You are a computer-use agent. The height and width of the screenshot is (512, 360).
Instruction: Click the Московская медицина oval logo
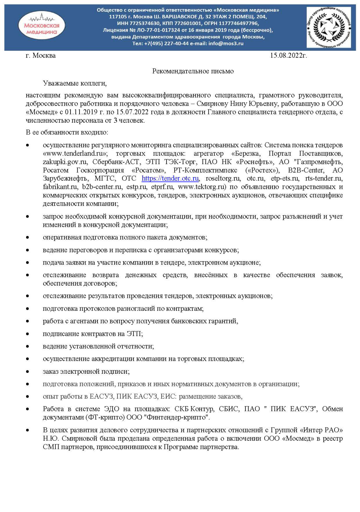[x=42, y=26]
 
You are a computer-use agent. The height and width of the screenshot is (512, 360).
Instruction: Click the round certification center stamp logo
[x=328, y=27]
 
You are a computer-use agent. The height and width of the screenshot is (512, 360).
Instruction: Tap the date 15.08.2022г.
[x=288, y=55]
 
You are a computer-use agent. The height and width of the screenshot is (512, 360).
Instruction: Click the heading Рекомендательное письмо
[x=193, y=71]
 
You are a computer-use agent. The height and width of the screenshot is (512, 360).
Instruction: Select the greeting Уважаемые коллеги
[x=74, y=83]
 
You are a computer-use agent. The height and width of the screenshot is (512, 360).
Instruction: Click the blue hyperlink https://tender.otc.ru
[x=170, y=178]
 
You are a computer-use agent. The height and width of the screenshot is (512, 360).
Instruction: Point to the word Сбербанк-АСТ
[x=116, y=162]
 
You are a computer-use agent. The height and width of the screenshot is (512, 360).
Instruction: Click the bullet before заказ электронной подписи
[x=28, y=372]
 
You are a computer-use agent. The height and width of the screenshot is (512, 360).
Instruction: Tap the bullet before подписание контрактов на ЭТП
[x=28, y=334]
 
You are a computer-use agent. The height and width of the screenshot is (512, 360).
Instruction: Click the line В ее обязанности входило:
[x=67, y=132]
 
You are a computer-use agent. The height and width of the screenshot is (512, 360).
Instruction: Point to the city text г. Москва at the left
[x=40, y=55]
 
